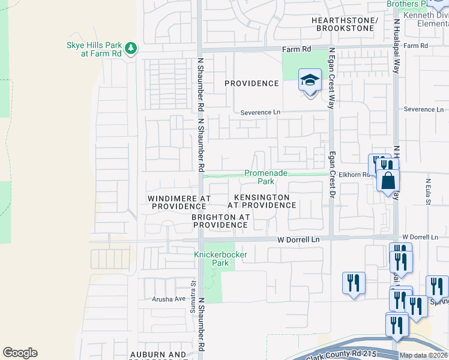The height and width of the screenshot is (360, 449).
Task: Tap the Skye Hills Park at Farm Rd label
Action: tap(94, 49)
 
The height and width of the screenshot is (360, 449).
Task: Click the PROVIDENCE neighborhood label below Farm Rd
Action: tap(252, 83)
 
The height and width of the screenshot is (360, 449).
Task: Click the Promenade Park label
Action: tap(267, 177)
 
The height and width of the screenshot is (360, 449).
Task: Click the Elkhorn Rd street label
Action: tap(352, 175)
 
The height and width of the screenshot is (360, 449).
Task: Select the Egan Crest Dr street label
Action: tap(331, 175)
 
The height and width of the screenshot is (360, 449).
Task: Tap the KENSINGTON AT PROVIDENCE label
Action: tap(265, 201)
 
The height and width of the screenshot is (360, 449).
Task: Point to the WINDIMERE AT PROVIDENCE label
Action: tap(180, 202)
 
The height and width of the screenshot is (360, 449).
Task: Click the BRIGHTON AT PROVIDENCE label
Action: tap(220, 221)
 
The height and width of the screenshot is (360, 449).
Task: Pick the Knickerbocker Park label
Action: tap(220, 259)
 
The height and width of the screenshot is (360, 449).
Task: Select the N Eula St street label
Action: tap(428, 190)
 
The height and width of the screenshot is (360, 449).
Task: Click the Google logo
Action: tap(20, 353)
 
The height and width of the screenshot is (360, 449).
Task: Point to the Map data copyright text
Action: tap(424, 355)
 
